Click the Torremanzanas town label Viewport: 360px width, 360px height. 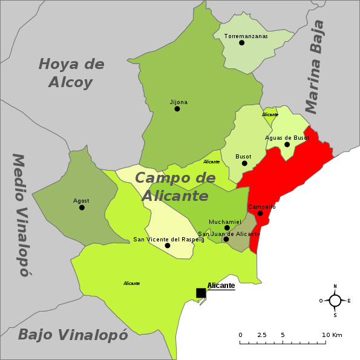pyautogui.click(x=246, y=36)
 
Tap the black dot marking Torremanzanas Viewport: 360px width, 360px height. pyautogui.click(x=241, y=43)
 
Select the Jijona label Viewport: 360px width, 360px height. pyautogui.click(x=178, y=102)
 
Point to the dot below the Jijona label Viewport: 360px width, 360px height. pyautogui.click(x=177, y=109)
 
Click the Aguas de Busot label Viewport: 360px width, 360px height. pyautogui.click(x=287, y=138)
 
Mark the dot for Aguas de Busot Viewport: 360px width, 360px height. pyautogui.click(x=287, y=145)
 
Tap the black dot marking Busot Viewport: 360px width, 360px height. pyautogui.click(x=244, y=163)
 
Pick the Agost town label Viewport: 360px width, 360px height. pyautogui.click(x=81, y=201)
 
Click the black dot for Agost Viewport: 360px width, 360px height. pyautogui.click(x=82, y=208)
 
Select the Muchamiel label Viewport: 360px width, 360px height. pyautogui.click(x=224, y=222)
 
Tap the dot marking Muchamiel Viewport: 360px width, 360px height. pyautogui.click(x=227, y=228)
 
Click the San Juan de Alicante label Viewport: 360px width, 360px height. pyautogui.click(x=229, y=234)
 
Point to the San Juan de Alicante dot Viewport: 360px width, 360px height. pyautogui.click(x=226, y=239)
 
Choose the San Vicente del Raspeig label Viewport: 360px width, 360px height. pyautogui.click(x=169, y=240)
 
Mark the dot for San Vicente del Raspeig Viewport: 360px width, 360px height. pyautogui.click(x=168, y=246)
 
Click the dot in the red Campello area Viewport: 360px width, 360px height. pyautogui.click(x=260, y=213)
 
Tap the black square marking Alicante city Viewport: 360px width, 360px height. pyautogui.click(x=201, y=293)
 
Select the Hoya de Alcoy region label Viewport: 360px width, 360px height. pyautogui.click(x=71, y=73)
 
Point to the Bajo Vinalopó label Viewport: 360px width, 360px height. pyautogui.click(x=73, y=335)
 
